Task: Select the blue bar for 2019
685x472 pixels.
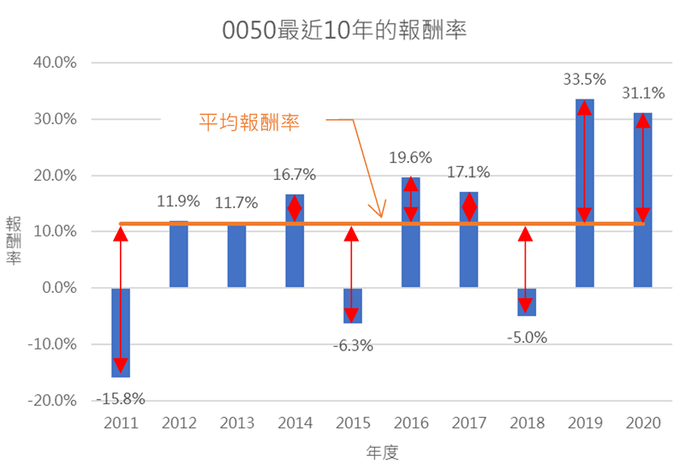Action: (584, 193)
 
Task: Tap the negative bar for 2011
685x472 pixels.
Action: (121, 332)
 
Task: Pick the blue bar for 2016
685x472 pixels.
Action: (411, 232)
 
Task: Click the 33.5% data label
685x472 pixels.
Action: (584, 80)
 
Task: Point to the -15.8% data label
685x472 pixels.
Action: (120, 398)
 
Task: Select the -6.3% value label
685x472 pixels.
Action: (352, 346)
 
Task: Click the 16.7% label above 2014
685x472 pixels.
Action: (295, 175)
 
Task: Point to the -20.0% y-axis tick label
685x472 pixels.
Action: (53, 401)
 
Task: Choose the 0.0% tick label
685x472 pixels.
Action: (59, 288)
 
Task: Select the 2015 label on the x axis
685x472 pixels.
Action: (352, 423)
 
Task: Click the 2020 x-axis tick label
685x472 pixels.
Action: (642, 423)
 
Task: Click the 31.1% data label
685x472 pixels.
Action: (642, 93)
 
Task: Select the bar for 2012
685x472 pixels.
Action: (178, 254)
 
